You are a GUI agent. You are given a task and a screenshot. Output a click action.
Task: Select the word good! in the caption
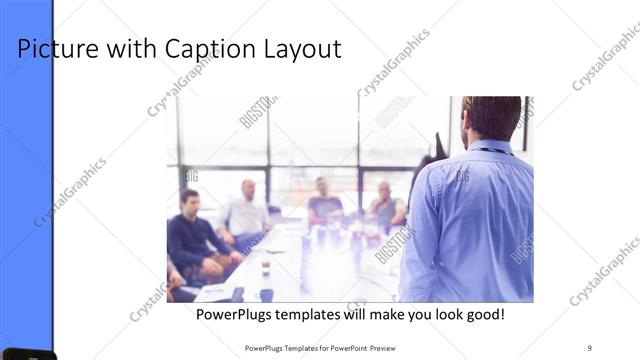point(482,315)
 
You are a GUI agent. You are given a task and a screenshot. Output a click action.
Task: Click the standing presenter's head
point(491,117)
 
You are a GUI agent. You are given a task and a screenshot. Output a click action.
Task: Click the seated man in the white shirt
point(245,212)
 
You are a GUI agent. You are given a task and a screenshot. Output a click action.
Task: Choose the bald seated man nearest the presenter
point(384,204)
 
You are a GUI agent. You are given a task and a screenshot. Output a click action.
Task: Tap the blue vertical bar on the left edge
point(26,180)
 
